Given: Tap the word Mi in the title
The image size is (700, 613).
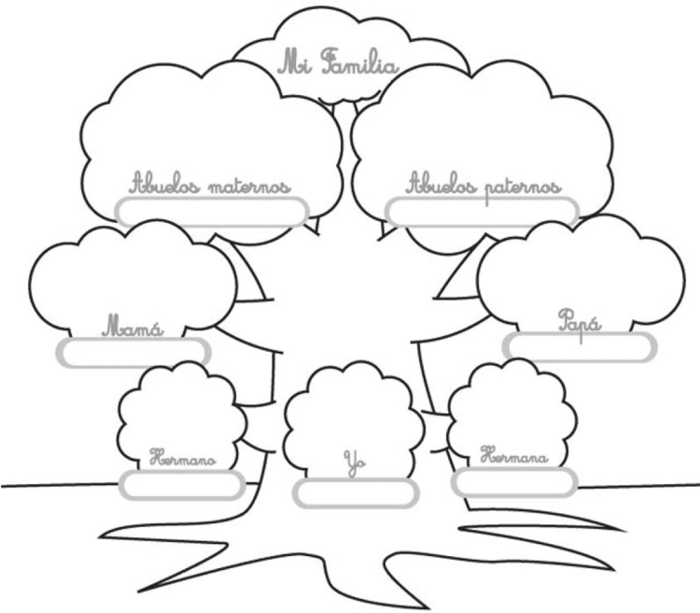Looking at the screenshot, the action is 295,63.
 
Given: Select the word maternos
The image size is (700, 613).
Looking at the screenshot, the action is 249,186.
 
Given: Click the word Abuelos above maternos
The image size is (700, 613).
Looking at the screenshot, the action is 164,183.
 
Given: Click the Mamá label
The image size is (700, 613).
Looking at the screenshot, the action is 133,326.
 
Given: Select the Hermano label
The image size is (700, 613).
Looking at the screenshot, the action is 182,458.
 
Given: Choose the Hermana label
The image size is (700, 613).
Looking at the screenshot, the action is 514,454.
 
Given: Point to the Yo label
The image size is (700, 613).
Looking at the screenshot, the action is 355,464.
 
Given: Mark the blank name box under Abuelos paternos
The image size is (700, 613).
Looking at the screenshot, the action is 483,212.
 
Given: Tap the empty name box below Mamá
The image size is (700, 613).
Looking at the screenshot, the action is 133,353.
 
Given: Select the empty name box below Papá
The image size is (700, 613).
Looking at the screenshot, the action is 580,347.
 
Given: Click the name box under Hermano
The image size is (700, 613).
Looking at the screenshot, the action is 182,485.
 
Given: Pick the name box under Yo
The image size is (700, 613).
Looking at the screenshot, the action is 356,494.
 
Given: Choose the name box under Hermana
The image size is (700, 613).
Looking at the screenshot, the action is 514,482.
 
